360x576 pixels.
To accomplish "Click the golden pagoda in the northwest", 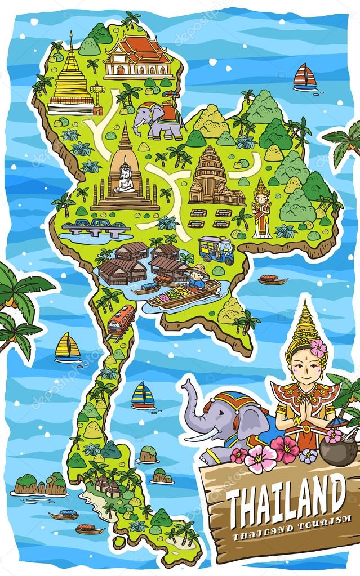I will (71, 79).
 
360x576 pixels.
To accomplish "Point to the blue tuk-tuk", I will (216, 249).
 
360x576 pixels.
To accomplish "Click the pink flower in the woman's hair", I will (318, 348).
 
